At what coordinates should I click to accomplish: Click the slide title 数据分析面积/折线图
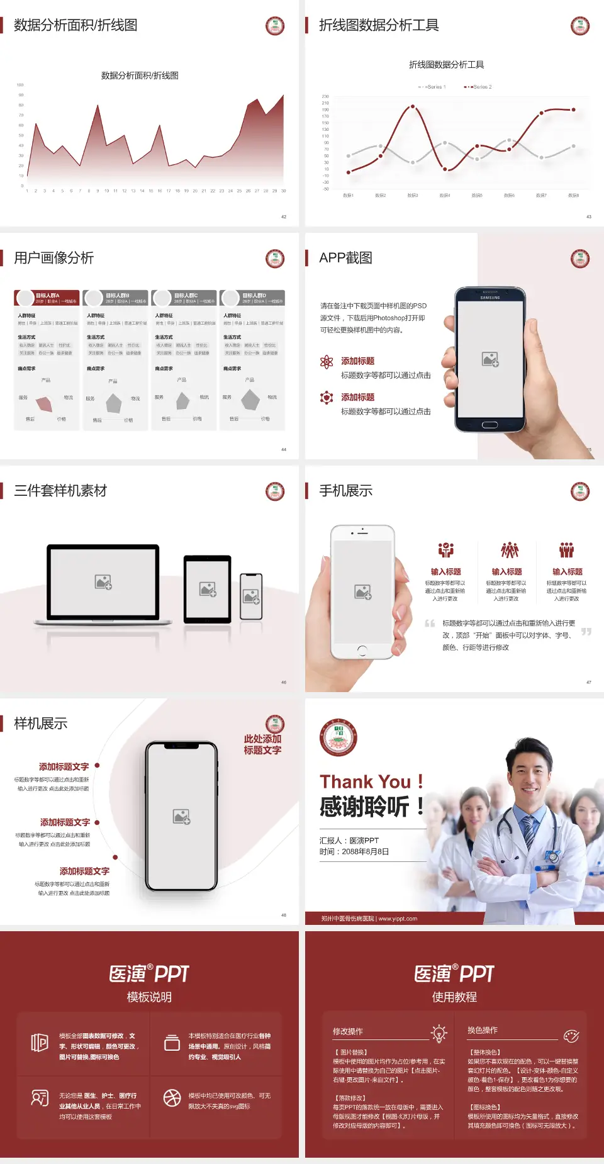[x=75, y=25]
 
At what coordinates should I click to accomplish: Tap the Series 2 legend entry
[x=479, y=87]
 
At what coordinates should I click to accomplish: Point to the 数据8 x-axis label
[x=573, y=196]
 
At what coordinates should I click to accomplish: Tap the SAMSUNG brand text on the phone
[x=489, y=298]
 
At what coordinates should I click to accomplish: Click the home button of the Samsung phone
[x=489, y=425]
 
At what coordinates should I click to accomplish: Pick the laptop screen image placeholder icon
[x=103, y=582]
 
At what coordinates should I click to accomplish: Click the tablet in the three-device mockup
[x=208, y=589]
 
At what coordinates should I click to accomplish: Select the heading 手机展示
[x=346, y=491]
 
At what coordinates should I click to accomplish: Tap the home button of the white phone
[x=362, y=649]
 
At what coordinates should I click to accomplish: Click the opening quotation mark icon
[x=430, y=624]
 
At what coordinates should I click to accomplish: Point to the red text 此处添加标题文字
[x=262, y=744]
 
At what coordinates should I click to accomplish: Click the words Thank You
[x=365, y=781]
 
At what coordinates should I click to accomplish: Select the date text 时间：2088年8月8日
[x=354, y=852]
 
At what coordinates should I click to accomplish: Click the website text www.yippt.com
[x=398, y=919]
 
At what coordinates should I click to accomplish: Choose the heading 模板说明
[x=149, y=997]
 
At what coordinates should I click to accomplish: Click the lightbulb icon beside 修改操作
[x=439, y=1033]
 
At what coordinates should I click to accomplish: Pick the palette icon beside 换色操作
[x=571, y=1036]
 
